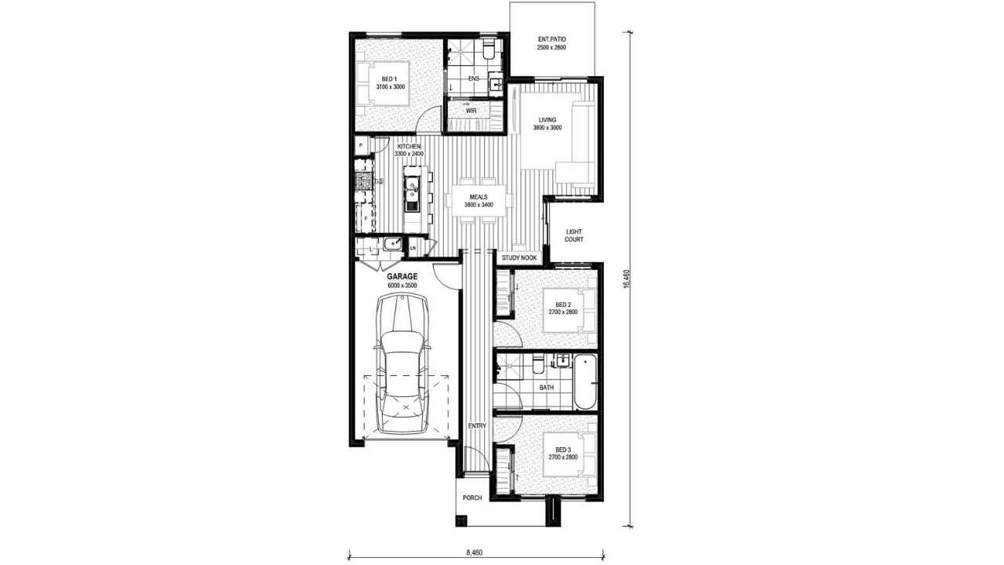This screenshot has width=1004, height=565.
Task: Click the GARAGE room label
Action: (x=402, y=277)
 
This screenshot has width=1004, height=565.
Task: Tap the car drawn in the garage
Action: (x=402, y=363)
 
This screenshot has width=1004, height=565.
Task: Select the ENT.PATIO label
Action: (x=551, y=39)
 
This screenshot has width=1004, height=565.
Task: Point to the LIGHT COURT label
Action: (x=573, y=235)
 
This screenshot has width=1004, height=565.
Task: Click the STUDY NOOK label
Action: (x=519, y=258)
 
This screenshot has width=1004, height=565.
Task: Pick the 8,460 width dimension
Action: (x=475, y=553)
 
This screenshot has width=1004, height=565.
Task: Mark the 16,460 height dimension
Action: (x=626, y=279)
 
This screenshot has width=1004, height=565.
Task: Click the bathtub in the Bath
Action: (x=585, y=381)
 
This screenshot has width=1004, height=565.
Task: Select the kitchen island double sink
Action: (x=98, y=194)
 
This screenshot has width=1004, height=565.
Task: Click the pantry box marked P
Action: (x=361, y=145)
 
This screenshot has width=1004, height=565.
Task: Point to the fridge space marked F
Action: (x=365, y=218)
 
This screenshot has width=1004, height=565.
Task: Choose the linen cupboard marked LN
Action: (x=413, y=248)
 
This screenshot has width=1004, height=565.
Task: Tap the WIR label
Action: (x=471, y=111)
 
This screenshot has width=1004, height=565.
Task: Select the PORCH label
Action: (x=472, y=498)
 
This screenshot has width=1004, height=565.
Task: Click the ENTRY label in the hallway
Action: (x=477, y=425)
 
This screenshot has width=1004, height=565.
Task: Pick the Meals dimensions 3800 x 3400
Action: (x=478, y=205)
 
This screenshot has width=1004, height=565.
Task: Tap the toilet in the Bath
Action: (x=538, y=363)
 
